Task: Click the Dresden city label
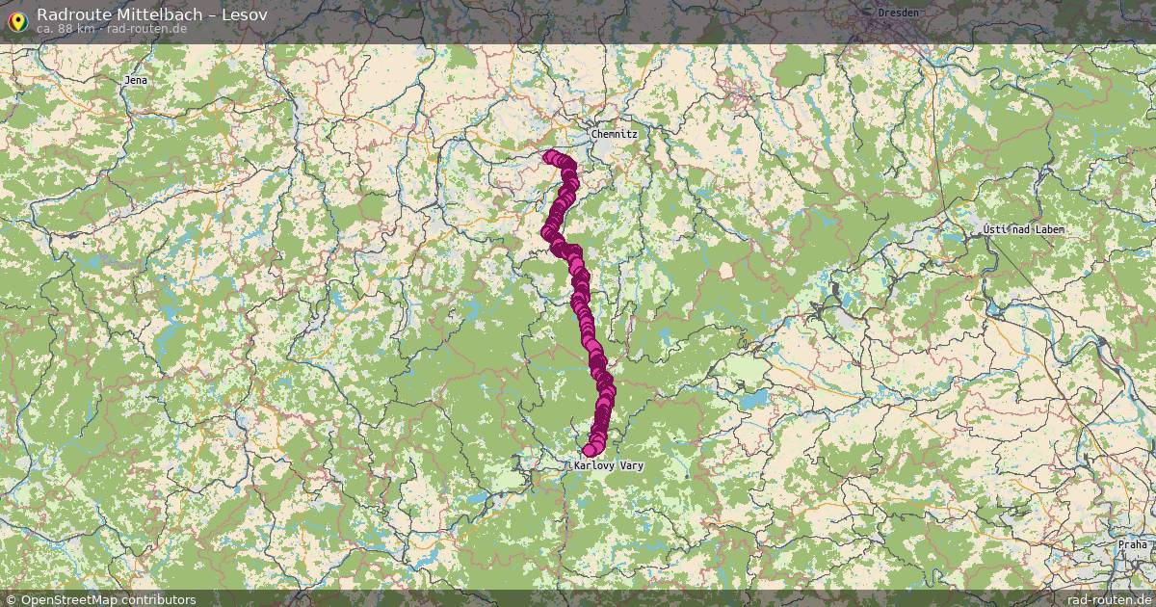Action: [899, 13]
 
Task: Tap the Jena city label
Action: [136, 80]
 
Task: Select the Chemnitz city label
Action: [614, 134]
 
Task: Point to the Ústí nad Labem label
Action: [1024, 229]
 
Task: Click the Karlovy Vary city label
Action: [608, 465]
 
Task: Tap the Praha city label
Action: [1132, 544]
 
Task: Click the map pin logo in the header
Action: [17, 19]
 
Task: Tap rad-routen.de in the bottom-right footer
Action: [1110, 599]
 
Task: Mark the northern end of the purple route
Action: [550, 156]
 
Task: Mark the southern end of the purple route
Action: [590, 450]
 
